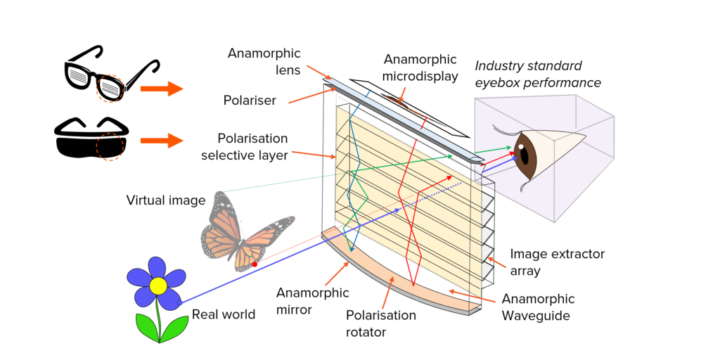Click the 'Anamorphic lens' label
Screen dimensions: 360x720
point(264,61)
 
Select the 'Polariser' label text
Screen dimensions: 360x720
point(250,101)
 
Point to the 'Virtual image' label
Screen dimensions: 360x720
point(166,200)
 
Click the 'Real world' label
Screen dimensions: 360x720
point(224,314)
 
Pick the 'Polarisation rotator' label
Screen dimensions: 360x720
point(382,323)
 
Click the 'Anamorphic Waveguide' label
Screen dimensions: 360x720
point(538,307)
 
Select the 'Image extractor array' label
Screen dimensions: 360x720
point(558,262)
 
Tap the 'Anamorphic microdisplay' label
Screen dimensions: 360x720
point(420,67)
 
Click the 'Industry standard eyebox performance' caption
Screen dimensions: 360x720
point(538,74)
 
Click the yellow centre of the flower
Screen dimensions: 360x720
point(158,286)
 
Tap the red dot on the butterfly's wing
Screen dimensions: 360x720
point(255,264)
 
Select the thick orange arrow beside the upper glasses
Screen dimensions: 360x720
point(161,89)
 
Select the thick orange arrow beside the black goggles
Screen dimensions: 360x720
point(161,141)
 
